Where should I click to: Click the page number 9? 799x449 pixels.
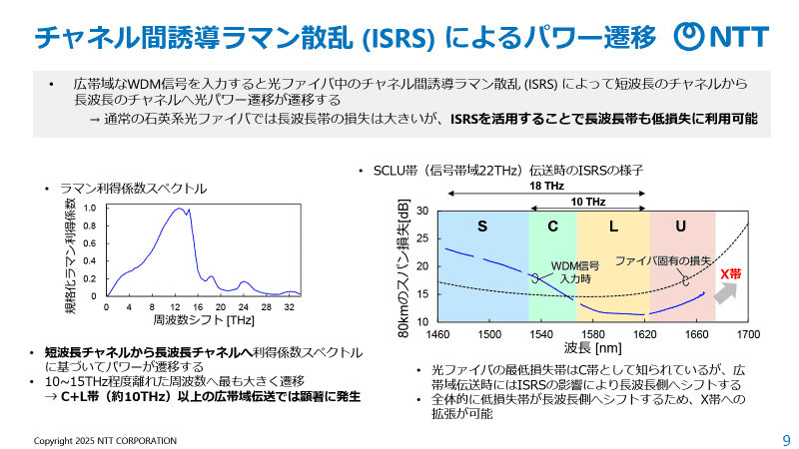(x=785, y=440)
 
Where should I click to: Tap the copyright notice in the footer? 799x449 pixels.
(x=105, y=440)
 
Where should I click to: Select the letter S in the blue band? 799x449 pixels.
(x=481, y=226)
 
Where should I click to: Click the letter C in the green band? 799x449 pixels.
(x=552, y=226)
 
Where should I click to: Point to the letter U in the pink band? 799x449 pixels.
(x=681, y=226)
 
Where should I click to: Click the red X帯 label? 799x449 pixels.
(x=731, y=272)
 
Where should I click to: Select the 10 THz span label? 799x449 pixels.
(x=588, y=202)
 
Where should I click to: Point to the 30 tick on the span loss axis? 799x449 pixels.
(x=422, y=211)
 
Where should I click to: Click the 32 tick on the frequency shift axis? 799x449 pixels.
(x=288, y=306)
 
